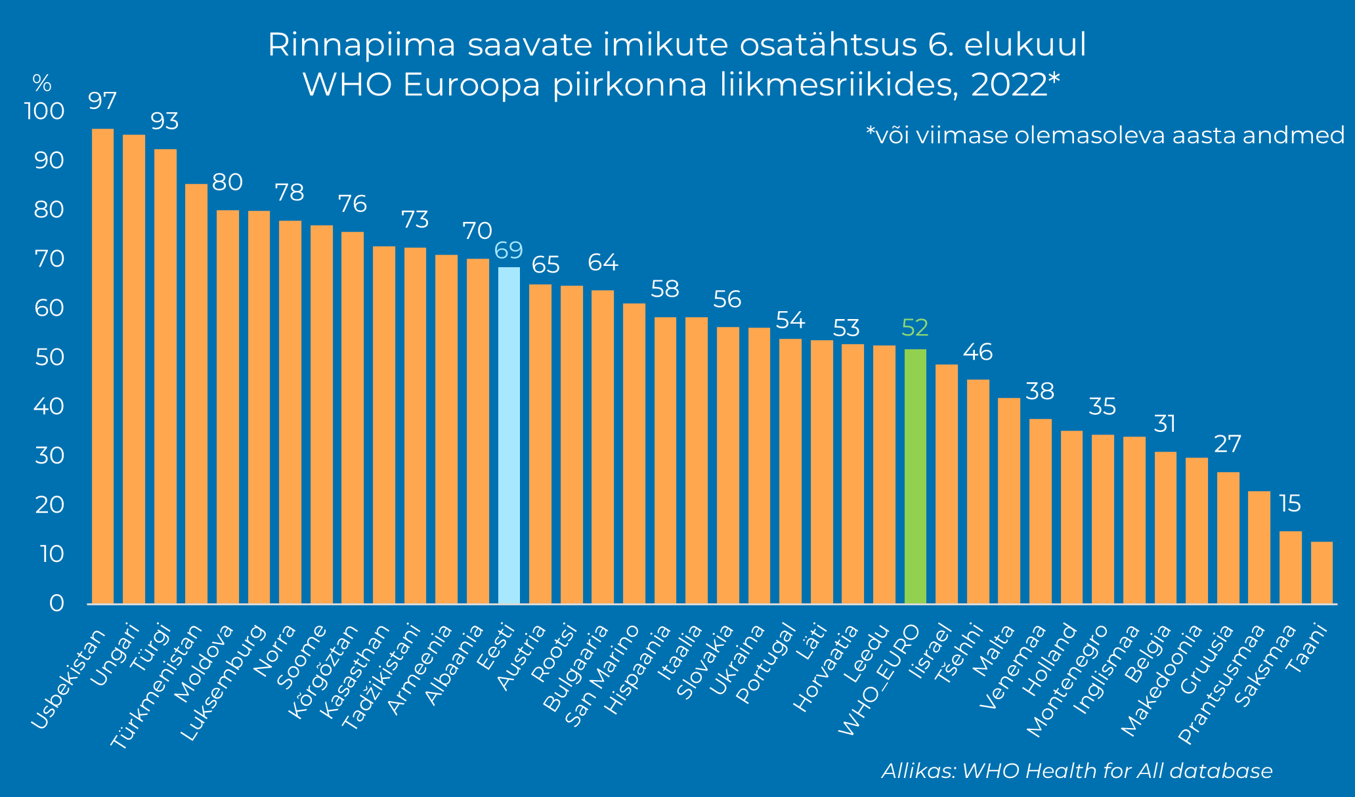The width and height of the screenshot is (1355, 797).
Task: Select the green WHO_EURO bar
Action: [915, 476]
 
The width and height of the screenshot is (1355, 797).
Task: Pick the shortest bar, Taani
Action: [1322, 572]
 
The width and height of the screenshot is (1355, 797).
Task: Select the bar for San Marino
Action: [634, 453]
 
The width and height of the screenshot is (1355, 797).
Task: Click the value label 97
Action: [102, 102]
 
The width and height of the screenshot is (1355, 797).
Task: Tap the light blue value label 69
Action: [509, 250]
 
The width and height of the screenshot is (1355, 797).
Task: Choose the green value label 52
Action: [915, 327]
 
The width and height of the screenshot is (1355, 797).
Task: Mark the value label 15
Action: [1290, 504]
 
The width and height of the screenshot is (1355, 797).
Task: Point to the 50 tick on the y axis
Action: [45, 358]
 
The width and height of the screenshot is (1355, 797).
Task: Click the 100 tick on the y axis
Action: [44, 112]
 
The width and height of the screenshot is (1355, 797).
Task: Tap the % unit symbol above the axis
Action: [42, 83]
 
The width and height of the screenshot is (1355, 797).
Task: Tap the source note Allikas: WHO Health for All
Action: [1077, 771]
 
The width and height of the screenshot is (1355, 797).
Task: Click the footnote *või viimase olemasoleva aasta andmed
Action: [1106, 136]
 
